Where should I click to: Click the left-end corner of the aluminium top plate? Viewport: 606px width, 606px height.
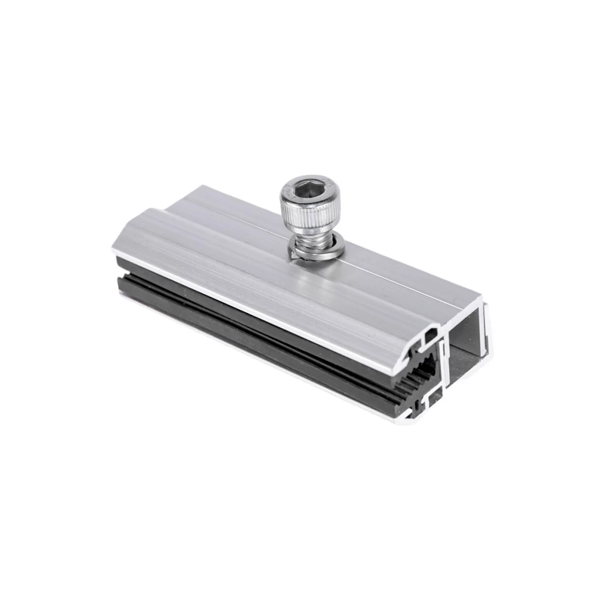click(117, 246)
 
